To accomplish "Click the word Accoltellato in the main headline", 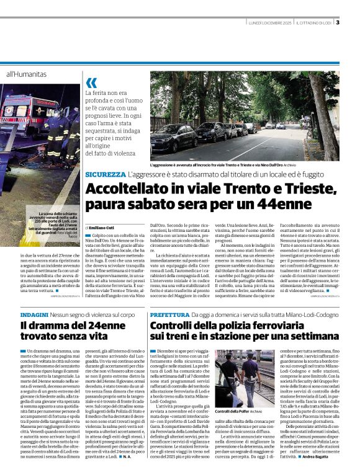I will coord(117,189).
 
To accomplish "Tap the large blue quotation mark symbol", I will coord(91,82).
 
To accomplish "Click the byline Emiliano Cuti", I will coord(103,229).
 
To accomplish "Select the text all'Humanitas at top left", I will coord(26,74).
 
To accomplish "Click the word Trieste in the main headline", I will coord(282,189).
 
